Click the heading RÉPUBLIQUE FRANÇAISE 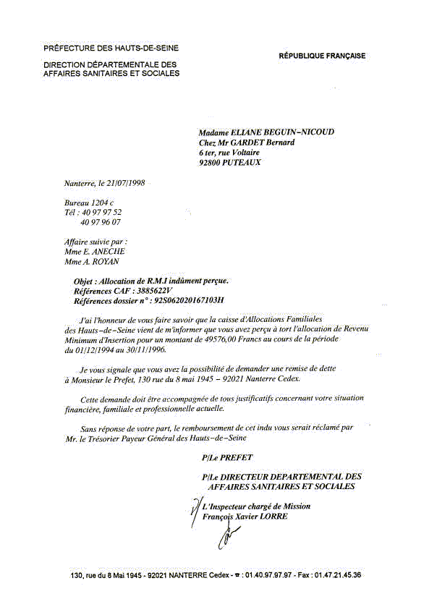point(322,56)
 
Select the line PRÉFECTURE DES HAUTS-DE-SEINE point(111,48)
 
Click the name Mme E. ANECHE point(95,252)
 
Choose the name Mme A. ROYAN point(93,262)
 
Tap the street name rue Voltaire point(239,153)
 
